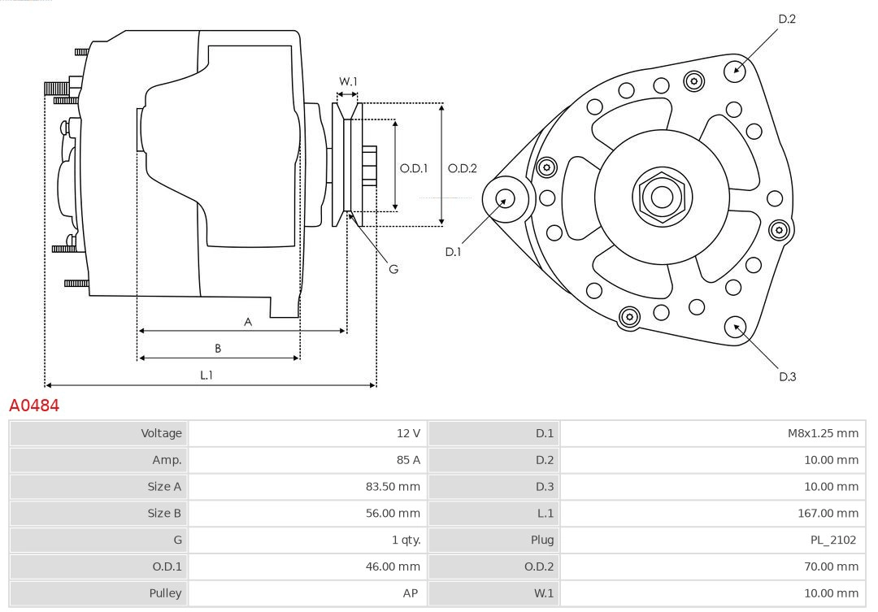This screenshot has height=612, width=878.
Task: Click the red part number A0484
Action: coord(34,405)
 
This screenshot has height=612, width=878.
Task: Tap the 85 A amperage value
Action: coord(408,460)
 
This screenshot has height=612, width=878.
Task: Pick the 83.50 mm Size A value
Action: coord(393,487)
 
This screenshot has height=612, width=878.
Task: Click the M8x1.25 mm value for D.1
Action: coord(822,433)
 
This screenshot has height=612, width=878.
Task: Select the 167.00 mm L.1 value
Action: coord(828,513)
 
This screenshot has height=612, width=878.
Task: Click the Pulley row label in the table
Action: coord(166,593)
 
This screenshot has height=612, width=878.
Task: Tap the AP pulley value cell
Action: coord(411,593)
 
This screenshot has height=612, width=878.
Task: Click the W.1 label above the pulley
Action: coord(348,81)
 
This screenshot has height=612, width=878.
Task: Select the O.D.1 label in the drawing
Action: coord(414,168)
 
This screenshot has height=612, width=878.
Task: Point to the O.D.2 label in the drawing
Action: coord(463,168)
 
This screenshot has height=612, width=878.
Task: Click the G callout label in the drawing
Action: coord(393,268)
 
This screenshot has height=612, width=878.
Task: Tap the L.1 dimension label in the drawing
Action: coord(206,375)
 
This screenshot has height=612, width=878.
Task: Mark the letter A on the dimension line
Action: coord(248,322)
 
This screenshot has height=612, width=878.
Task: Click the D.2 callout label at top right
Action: coord(787,19)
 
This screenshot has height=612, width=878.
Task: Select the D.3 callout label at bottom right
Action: coord(787,376)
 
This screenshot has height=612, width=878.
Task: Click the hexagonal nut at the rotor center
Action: coord(662,197)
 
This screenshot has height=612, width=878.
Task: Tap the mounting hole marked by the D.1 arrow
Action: coord(505,198)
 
